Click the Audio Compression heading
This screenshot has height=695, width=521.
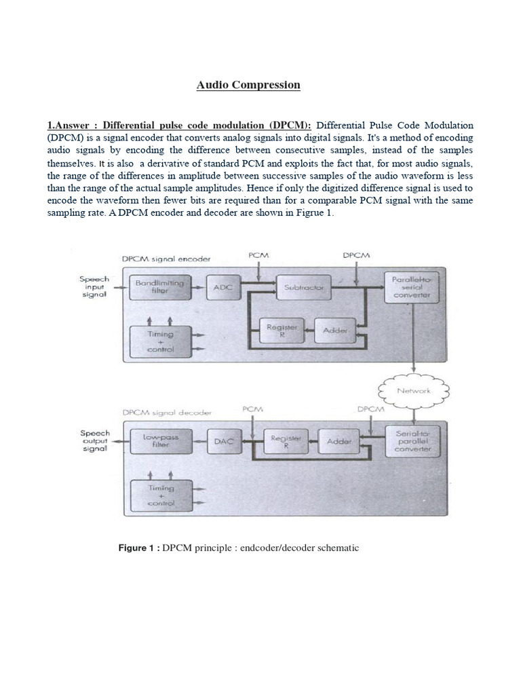tap(248, 85)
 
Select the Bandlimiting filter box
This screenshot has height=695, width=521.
tap(159, 288)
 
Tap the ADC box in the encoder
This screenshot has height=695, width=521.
tap(223, 288)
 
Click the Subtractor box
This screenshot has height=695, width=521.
tap(303, 288)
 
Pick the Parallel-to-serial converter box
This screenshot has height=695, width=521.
tap(407, 288)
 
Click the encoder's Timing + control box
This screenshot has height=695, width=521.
tap(160, 341)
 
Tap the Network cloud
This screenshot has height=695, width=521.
tap(413, 390)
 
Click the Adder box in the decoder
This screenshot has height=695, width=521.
tap(339, 441)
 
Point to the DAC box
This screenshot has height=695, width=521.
tap(223, 441)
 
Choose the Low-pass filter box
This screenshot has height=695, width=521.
tap(160, 441)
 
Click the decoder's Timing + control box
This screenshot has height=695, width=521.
tap(160, 495)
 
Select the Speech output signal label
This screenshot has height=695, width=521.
tap(94, 441)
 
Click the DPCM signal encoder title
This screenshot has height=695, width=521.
tap(166, 259)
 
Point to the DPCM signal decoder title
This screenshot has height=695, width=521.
tap(167, 412)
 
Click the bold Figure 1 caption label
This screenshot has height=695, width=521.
tap(139, 548)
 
